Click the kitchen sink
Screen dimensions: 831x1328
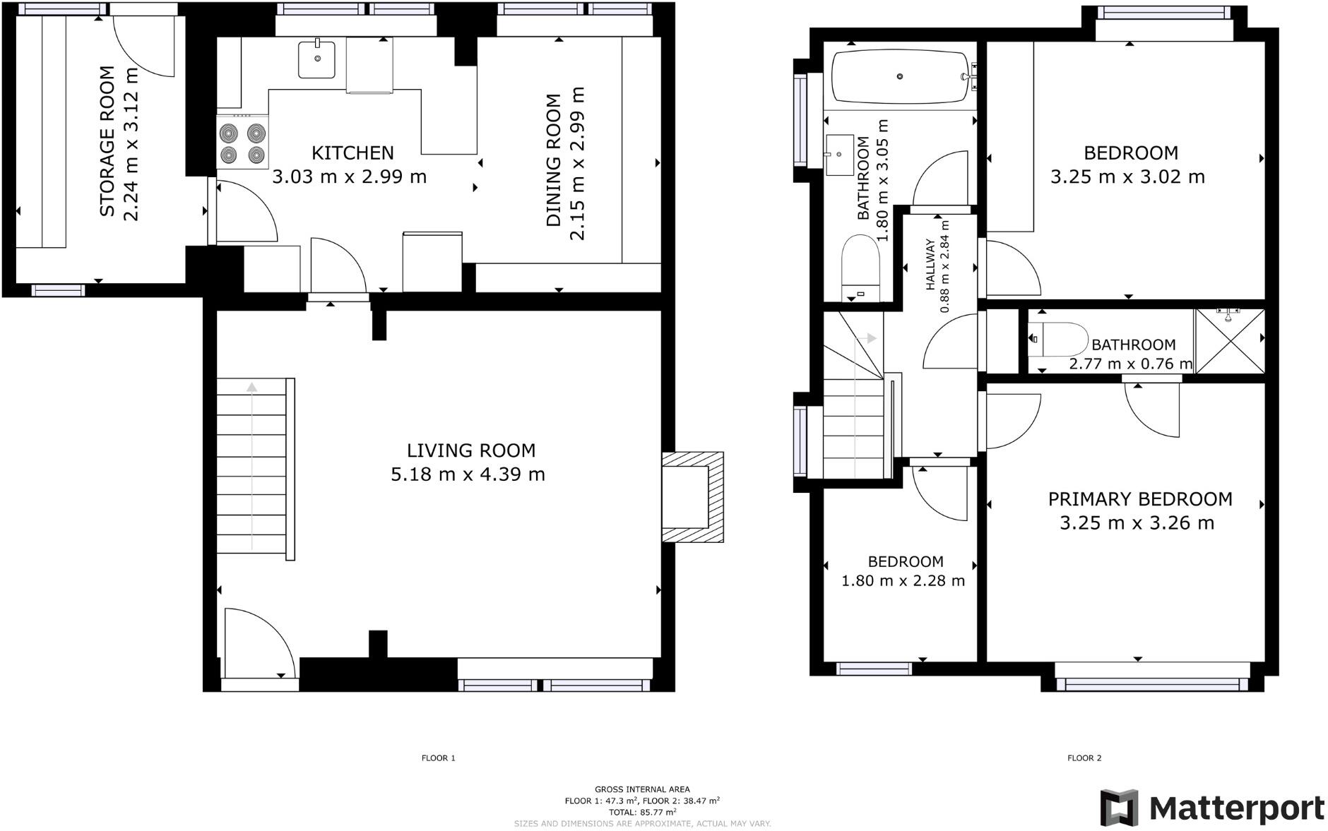(316, 59)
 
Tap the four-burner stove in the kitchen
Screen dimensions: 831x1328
(242, 143)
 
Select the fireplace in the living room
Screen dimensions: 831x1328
(692, 497)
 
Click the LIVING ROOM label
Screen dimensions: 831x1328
(470, 450)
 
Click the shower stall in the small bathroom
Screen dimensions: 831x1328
(1230, 341)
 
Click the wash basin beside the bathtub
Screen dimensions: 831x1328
(839, 155)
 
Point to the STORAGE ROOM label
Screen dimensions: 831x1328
(107, 141)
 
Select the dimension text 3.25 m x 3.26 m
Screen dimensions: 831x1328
(1137, 523)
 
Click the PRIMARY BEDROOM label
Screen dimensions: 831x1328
(1139, 499)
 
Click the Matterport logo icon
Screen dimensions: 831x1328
(1120, 808)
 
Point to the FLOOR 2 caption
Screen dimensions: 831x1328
(1084, 758)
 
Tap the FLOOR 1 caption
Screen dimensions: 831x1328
(438, 758)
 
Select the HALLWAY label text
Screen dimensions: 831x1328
(930, 265)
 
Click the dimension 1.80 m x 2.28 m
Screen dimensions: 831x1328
(903, 581)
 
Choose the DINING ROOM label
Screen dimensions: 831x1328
(554, 160)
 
